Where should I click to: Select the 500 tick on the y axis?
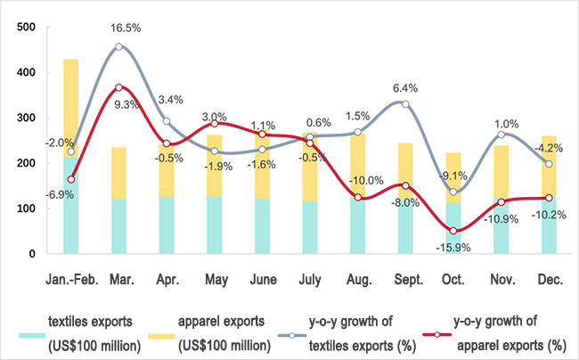pos(26,28)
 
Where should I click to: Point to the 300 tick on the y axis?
pos(26,119)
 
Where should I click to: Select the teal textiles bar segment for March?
pos(118,226)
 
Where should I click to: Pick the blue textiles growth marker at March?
pos(118,46)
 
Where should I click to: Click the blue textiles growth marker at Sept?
pos(404,104)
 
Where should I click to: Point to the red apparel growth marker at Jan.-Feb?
pos(71,179)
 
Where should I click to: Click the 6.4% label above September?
pos(406,88)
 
